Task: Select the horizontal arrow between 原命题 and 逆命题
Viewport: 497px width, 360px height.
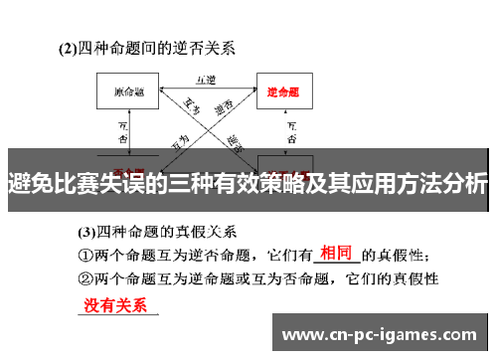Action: pyautogui.click(x=206, y=88)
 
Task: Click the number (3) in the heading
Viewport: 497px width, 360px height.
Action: pyautogui.click(x=87, y=232)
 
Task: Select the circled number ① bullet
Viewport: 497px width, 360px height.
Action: pyautogui.click(x=86, y=256)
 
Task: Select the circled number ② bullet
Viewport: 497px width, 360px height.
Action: pyautogui.click(x=86, y=280)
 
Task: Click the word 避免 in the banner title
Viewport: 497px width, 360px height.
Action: pyautogui.click(x=30, y=185)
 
